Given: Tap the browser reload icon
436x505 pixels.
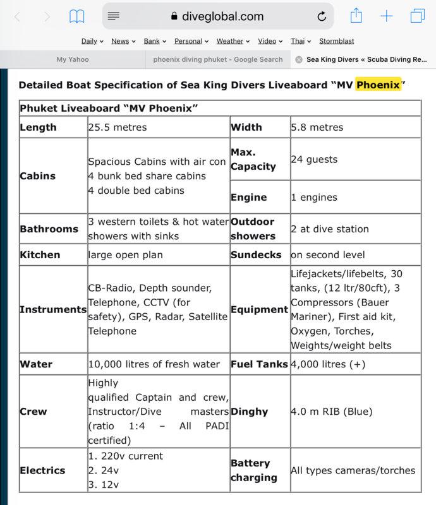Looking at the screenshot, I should click(x=322, y=16).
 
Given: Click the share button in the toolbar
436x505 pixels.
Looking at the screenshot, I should click(x=356, y=16).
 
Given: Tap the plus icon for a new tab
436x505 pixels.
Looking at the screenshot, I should click(x=387, y=16).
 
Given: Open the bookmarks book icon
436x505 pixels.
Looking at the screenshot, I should click(x=77, y=16).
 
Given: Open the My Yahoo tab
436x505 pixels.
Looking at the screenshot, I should click(x=73, y=59).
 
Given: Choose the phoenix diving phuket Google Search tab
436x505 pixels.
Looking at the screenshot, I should click(x=217, y=59).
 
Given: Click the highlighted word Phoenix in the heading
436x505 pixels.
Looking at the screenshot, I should click(x=378, y=85).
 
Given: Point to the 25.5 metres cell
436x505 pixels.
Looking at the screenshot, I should click(x=118, y=128).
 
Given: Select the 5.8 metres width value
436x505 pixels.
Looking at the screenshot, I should click(x=317, y=128).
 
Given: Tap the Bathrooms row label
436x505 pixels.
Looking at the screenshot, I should click(x=49, y=229).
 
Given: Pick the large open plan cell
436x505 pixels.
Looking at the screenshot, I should click(x=126, y=255).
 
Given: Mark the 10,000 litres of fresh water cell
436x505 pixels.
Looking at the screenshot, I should click(x=154, y=364).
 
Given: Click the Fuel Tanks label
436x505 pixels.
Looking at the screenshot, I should click(x=259, y=364).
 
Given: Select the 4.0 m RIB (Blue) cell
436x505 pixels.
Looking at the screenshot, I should click(x=332, y=412).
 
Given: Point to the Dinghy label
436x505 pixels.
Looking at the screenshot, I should click(x=249, y=412).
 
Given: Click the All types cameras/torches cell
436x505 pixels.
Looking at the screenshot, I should click(x=353, y=470).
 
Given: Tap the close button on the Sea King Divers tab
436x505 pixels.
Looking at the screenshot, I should click(x=299, y=59).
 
